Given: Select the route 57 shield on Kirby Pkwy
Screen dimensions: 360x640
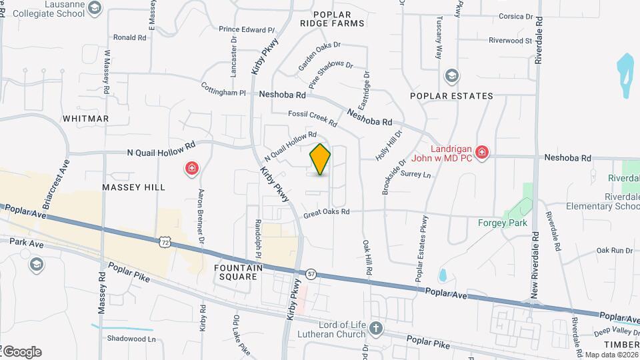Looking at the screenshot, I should [311, 273].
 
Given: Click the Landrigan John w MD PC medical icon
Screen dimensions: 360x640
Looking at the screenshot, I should [482, 153].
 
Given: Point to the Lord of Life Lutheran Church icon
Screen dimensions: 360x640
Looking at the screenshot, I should [376, 328].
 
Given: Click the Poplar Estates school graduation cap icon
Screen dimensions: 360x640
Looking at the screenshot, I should [452, 75].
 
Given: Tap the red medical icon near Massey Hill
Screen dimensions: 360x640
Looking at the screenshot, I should [192, 168].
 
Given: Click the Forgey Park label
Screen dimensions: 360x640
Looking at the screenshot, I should [503, 223].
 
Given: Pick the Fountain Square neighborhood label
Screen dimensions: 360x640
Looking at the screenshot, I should [235, 271].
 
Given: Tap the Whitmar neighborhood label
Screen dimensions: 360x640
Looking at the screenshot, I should [85, 119].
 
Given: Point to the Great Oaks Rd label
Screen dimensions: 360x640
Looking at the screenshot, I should [327, 212].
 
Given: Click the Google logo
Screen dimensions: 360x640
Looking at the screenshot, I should [22, 351].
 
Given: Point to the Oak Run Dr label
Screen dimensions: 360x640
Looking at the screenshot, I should [614, 250].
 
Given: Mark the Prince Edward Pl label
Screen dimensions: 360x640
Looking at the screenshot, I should [247, 29].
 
